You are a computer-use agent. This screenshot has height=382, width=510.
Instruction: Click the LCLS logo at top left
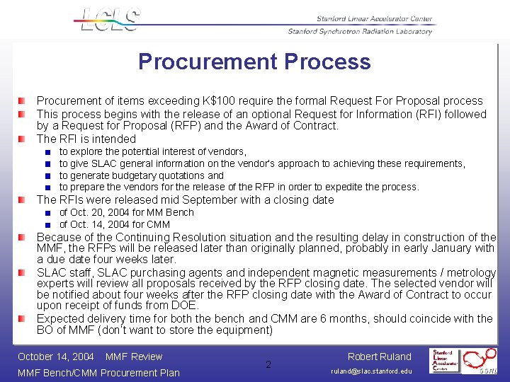(x=108, y=19)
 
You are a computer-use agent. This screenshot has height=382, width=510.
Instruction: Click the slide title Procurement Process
(x=254, y=62)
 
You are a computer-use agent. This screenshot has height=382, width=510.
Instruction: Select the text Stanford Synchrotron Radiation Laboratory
(x=360, y=31)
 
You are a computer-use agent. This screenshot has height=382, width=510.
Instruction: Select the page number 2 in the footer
(x=268, y=365)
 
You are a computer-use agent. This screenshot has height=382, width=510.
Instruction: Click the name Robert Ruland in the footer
(x=379, y=357)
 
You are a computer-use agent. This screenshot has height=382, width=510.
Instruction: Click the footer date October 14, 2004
(x=56, y=357)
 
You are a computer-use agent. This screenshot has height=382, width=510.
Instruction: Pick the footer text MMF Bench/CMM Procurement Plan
(x=98, y=373)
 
